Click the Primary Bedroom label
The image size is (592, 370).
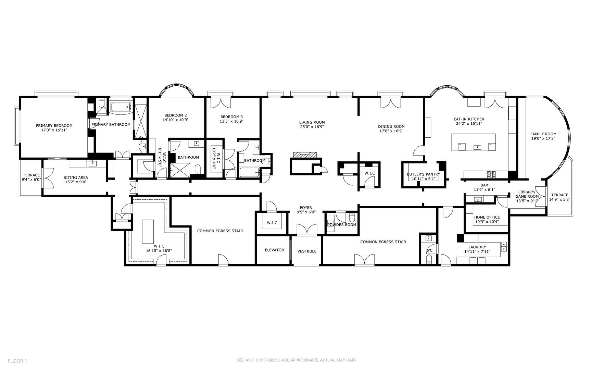(54, 126)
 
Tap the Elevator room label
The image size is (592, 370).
(274, 250)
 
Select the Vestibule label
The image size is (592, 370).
(307, 251)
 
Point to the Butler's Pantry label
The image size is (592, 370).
(424, 174)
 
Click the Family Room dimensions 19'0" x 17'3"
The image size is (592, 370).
(543, 139)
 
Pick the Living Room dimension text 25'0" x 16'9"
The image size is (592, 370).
(312, 127)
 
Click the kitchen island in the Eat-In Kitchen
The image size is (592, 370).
(474, 142)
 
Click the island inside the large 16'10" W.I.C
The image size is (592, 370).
(148, 232)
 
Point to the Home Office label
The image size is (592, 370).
(487, 217)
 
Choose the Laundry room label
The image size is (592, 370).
(477, 247)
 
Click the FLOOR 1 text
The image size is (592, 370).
(17, 361)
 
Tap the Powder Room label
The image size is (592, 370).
(342, 225)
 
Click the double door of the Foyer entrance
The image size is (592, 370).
(307, 230)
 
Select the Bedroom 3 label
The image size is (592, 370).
(231, 116)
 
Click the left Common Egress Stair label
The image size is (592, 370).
(220, 231)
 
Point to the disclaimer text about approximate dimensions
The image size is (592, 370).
(297, 360)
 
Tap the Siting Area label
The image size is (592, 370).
(76, 177)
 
